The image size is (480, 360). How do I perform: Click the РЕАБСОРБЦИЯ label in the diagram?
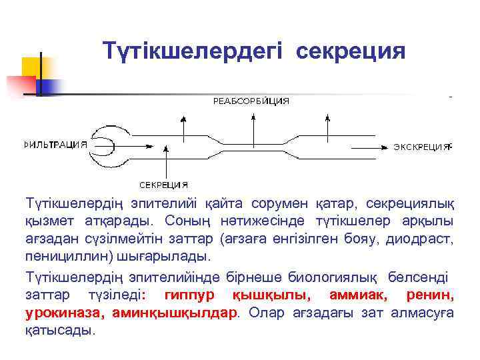[251, 101]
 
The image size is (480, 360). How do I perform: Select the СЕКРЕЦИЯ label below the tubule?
[163, 185]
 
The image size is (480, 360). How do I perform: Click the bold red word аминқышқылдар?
[175, 312]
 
